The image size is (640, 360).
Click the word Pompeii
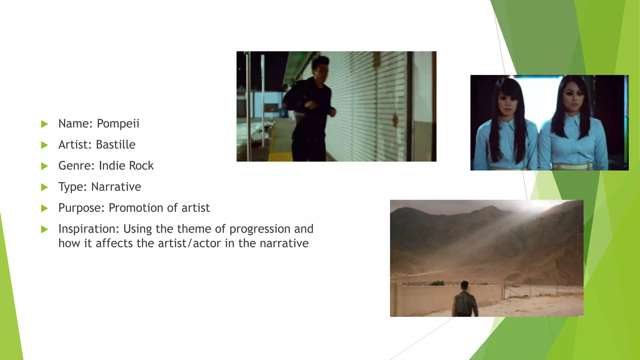(x=118, y=124)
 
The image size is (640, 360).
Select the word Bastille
(x=115, y=145)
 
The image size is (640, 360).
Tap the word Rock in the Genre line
(x=141, y=166)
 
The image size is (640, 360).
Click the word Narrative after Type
(x=116, y=187)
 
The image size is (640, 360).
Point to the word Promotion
(x=134, y=208)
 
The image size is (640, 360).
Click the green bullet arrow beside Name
(x=44, y=124)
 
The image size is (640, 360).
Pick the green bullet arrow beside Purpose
(x=44, y=208)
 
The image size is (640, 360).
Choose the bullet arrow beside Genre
(x=44, y=166)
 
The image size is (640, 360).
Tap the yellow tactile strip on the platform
(x=280, y=157)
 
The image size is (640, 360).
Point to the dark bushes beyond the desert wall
(x=437, y=283)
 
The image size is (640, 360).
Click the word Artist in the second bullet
(x=75, y=145)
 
